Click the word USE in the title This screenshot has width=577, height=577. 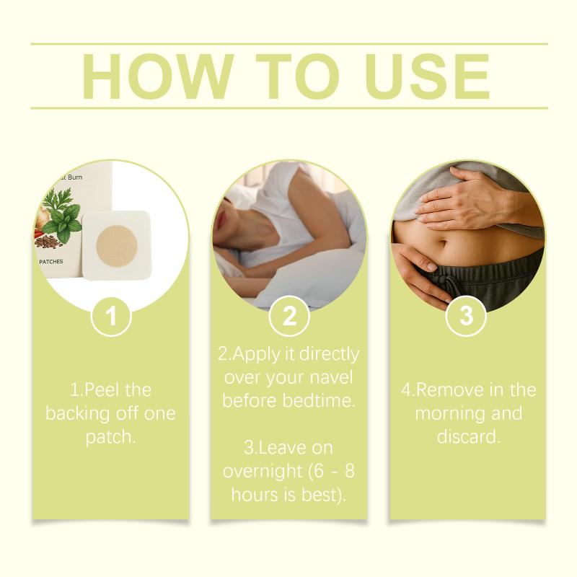[x=428, y=76]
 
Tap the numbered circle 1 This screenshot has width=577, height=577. [x=111, y=316]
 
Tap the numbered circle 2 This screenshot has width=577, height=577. [x=289, y=316]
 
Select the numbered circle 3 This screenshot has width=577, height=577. [x=466, y=316]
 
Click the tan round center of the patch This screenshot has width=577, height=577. [x=117, y=245]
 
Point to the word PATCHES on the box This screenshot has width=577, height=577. [x=51, y=262]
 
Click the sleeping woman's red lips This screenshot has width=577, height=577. [x=221, y=221]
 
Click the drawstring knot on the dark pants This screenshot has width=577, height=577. [x=446, y=283]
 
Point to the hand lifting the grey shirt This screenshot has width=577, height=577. [x=466, y=198]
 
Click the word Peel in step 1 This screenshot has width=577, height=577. [x=99, y=390]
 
